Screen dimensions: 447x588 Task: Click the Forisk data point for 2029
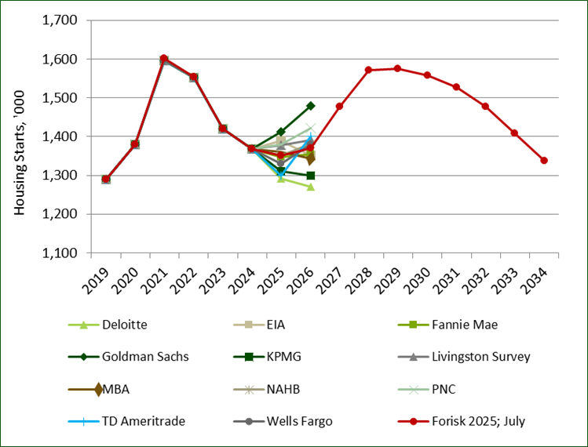pos(397,68)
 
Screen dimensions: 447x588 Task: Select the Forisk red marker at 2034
pos(543,160)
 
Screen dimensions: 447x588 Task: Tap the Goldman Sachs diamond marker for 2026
pos(310,105)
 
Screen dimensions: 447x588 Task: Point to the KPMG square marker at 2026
pos(310,175)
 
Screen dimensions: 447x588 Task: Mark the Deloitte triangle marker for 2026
pos(310,187)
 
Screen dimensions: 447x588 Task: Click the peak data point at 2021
pos(164,59)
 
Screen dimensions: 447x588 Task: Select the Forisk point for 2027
pos(339,106)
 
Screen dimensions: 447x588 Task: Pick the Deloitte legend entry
pos(124,324)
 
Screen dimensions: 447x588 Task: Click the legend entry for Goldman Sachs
pos(144,357)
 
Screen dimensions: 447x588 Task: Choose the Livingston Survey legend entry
pos(481,357)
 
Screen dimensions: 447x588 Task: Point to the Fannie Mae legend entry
pos(465,324)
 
